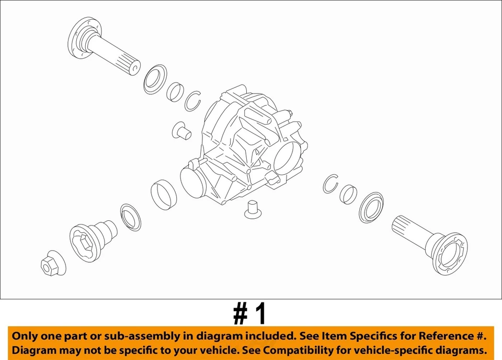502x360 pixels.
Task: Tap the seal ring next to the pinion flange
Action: point(130,217)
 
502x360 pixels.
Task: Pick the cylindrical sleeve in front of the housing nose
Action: point(163,194)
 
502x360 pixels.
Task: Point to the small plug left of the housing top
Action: point(181,131)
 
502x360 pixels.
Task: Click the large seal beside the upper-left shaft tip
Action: point(154,80)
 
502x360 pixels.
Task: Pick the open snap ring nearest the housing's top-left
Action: point(193,100)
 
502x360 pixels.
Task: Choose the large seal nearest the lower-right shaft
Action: point(371,207)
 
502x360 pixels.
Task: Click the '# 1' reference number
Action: point(250,314)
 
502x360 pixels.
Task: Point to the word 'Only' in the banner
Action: point(25,336)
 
